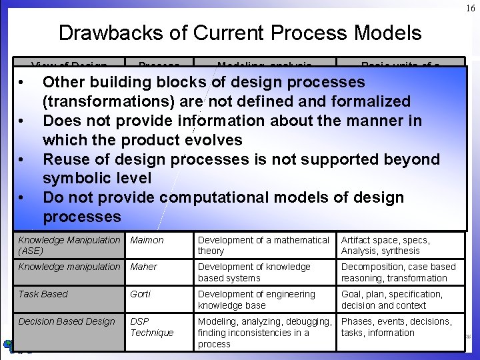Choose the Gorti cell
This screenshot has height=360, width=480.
[141, 295]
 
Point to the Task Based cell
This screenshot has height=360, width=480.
[43, 295]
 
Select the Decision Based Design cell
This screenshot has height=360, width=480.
[67, 322]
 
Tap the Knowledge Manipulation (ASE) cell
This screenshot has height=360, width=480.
[69, 245]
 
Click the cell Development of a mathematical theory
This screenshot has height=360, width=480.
[263, 245]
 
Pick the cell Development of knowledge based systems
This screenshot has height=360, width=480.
[254, 273]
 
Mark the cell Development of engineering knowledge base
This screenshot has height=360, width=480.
[256, 300]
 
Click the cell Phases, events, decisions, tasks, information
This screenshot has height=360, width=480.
[396, 327]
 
